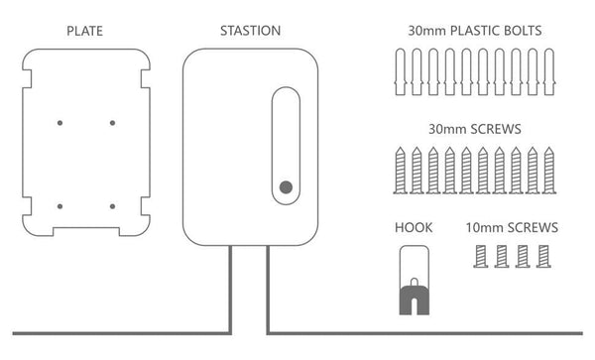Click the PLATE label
pos(86,31)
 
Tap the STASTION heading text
pos(250,31)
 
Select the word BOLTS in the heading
pos(519,31)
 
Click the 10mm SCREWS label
pos(512,228)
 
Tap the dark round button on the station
pos(286,186)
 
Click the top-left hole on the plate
pos(59,123)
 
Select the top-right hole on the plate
pos(112,123)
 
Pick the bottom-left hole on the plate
pos(59,206)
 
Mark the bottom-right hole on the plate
pos(112,206)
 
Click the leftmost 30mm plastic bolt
pos(400,72)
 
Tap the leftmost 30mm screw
pos(400,170)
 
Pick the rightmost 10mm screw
pos(543,256)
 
